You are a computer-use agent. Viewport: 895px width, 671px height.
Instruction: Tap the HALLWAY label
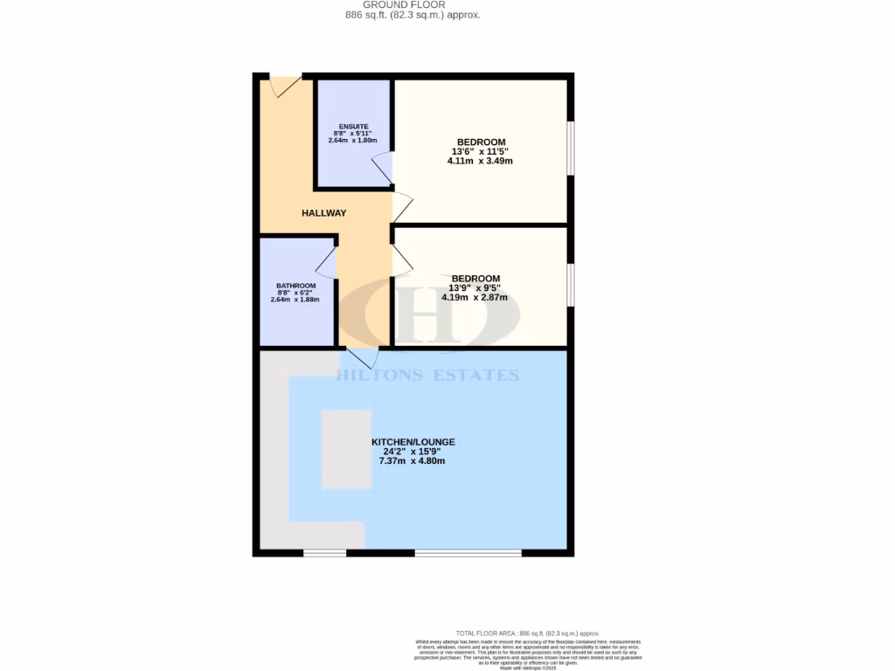click(324, 213)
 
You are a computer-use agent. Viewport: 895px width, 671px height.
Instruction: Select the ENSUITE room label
click(354, 126)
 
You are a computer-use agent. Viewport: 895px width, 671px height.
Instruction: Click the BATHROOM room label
click(295, 286)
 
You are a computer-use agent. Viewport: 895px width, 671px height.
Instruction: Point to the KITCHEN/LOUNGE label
click(413, 442)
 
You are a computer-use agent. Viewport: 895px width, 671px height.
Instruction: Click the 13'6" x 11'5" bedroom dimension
click(480, 151)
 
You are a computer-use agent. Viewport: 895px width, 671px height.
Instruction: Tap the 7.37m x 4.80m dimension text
click(413, 460)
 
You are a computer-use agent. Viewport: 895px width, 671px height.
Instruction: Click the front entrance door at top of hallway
click(285, 86)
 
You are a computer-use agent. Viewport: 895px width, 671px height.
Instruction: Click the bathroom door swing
click(326, 261)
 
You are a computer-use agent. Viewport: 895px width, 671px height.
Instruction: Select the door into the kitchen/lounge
click(362, 357)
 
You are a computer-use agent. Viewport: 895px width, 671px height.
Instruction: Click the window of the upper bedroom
click(571, 147)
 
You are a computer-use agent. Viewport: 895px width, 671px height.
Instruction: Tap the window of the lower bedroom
click(571, 285)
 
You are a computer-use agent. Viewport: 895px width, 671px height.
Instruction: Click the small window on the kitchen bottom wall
click(324, 552)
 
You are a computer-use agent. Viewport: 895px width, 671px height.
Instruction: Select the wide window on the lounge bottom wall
click(468, 552)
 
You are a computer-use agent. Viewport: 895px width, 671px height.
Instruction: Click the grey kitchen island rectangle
click(346, 448)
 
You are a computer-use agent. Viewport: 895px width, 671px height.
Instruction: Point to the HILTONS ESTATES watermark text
click(428, 376)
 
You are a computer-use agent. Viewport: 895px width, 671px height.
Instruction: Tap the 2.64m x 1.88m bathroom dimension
click(295, 300)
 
